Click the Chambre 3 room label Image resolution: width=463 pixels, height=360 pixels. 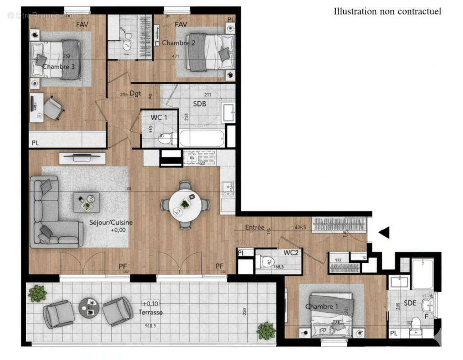pos(59,67)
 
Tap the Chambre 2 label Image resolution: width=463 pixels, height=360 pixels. pos(178,43)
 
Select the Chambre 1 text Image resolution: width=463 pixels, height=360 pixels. pos(322,306)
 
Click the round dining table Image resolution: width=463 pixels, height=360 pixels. pos(185,205)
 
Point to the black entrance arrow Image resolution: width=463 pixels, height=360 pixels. pos(383,233)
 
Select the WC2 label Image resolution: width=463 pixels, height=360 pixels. pos(291,252)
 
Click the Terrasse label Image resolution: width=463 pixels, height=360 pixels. pos(150,312)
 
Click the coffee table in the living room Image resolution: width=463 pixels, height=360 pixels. pos(86,202)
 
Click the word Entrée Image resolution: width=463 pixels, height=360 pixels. pos(254,228)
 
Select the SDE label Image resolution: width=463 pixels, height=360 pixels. pos(410,303)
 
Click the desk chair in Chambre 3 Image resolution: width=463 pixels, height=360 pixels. pos(53,108)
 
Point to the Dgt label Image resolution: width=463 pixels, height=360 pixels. pos(135,94)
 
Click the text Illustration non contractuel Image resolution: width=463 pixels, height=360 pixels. pos(387,11)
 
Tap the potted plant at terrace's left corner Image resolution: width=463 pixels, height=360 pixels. pos(37,294)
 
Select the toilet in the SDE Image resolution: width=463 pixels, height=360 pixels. pos(416,324)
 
